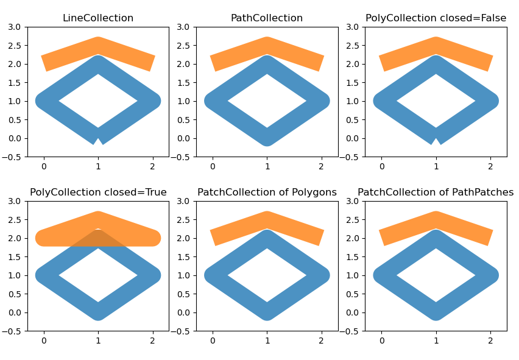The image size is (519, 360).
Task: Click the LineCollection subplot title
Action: coord(98,18)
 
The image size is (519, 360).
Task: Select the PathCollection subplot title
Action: coord(267,18)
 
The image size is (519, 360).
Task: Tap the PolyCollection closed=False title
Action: coord(436,18)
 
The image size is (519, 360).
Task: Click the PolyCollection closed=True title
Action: coord(98,192)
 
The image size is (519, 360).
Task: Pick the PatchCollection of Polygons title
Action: coord(267,192)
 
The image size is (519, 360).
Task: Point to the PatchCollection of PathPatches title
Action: coord(436,192)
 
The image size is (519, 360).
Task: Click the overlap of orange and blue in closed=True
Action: coord(98,238)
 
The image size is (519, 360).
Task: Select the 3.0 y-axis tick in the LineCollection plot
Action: coord(17,27)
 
